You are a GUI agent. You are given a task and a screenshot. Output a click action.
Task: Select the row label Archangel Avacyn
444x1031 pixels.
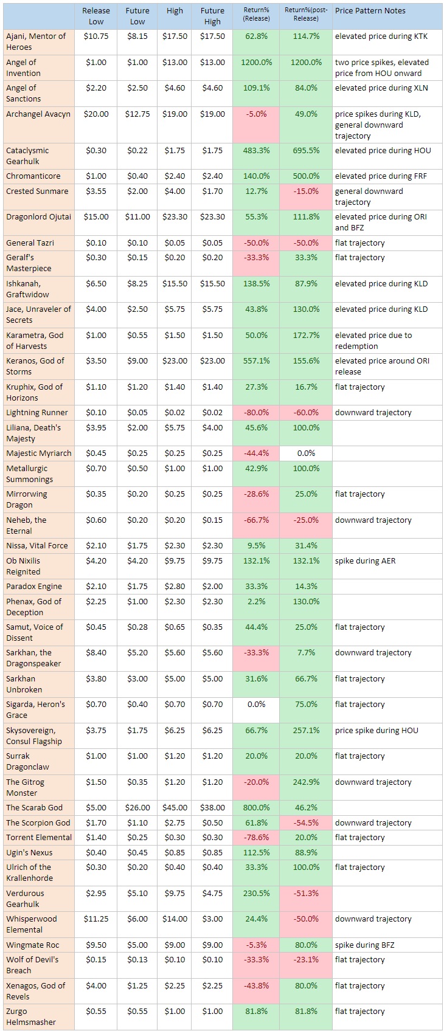click(38, 114)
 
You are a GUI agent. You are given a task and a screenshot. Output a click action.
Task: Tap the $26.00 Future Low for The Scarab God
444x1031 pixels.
click(137, 808)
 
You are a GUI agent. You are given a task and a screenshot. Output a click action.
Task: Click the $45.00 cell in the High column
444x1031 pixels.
click(175, 808)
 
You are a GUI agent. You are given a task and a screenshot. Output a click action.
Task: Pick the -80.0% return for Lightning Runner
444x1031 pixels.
click(256, 413)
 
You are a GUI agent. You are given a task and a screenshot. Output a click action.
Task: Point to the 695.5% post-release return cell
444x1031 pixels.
click(306, 151)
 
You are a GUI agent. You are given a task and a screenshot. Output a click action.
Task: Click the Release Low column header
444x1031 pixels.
click(96, 16)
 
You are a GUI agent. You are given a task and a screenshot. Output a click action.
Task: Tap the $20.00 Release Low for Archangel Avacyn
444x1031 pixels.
click(97, 114)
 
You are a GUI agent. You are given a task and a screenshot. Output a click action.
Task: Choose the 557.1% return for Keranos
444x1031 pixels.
click(256, 361)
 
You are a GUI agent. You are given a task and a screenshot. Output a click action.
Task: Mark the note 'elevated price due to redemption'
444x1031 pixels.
click(373, 340)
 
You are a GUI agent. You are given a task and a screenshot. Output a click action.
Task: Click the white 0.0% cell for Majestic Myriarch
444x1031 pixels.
click(306, 453)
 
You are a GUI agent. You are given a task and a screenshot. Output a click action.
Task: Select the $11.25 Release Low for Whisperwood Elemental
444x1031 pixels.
click(96, 919)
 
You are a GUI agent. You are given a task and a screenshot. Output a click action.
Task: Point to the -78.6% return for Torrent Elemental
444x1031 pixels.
click(256, 838)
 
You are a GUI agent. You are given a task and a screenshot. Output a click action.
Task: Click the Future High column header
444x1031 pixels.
click(212, 16)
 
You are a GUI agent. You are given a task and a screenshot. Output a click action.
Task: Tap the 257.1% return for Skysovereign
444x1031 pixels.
click(306, 731)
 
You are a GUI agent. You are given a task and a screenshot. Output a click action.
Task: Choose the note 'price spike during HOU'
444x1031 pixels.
click(376, 731)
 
